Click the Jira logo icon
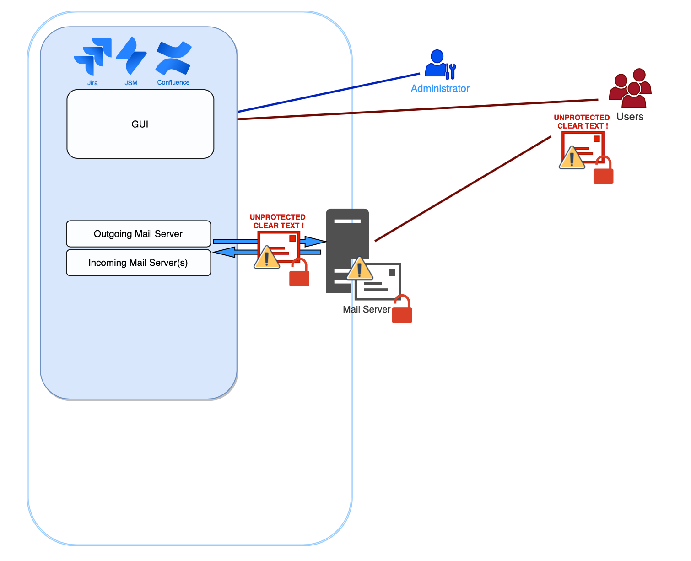tap(93, 56)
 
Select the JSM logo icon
tap(131, 56)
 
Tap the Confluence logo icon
tap(173, 58)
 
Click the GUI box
tap(140, 124)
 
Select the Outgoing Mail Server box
tap(138, 234)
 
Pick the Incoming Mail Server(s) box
tap(138, 263)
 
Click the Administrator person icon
tap(439, 64)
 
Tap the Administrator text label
tap(440, 88)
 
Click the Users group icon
tap(630, 88)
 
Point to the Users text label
tap(630, 117)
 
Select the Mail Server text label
tap(367, 309)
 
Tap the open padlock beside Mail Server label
tap(402, 310)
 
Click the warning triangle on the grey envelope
tap(360, 270)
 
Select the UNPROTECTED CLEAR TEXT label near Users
tap(582, 122)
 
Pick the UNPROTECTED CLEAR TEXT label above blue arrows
tap(277, 221)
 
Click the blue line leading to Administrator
tap(329, 92)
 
